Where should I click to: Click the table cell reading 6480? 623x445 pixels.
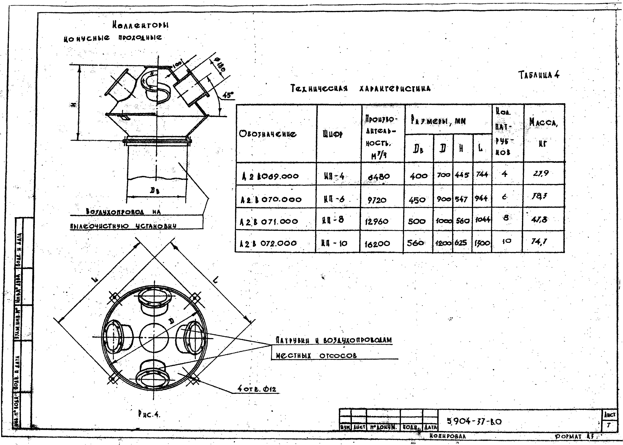pos(379,176)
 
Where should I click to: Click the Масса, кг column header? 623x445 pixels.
pos(543,132)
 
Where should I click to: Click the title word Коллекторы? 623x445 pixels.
pos(140,25)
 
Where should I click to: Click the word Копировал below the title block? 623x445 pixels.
pos(447,436)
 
